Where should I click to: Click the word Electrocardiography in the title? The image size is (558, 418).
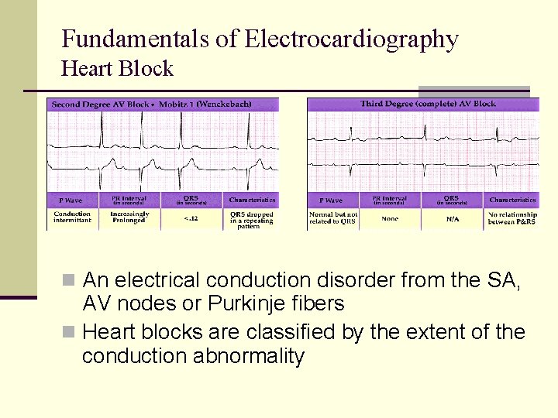(351, 39)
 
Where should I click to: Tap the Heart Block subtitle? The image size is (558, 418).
(117, 69)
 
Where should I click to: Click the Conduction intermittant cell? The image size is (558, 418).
(72, 217)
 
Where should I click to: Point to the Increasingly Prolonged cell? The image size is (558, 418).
(129, 217)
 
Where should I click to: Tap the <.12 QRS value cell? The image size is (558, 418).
(190, 218)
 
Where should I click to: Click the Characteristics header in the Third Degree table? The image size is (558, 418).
(512, 200)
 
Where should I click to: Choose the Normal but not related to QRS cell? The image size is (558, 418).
(332, 218)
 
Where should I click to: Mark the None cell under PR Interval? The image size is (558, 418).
(391, 218)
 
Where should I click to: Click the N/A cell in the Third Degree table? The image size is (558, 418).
(451, 218)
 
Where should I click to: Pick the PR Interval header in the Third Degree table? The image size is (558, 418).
(391, 200)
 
